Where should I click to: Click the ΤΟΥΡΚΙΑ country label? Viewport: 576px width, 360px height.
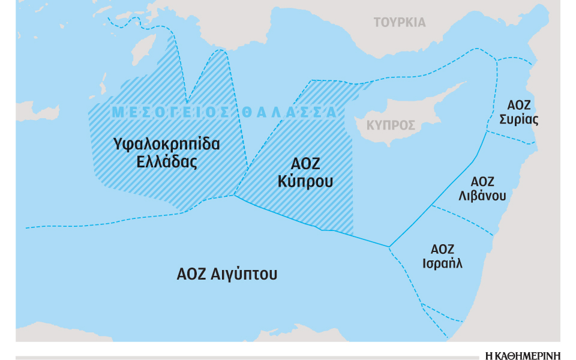click(x=400, y=23)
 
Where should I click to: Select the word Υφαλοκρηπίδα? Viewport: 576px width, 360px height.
click(x=166, y=145)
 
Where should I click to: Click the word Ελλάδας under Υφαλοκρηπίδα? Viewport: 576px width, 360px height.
click(x=166, y=162)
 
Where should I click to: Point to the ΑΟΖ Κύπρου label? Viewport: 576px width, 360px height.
click(x=305, y=173)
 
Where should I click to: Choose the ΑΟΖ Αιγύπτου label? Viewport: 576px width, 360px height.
click(x=227, y=275)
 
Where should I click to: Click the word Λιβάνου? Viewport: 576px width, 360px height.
click(x=482, y=196)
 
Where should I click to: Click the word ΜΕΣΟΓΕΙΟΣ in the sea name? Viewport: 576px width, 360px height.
click(x=169, y=112)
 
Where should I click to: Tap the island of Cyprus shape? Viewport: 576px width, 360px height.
click(x=414, y=114)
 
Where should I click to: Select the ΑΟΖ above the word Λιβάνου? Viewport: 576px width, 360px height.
click(x=482, y=181)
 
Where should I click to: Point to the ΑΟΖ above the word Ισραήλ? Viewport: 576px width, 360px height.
click(x=442, y=248)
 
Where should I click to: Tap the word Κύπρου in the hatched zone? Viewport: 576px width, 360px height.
click(x=305, y=181)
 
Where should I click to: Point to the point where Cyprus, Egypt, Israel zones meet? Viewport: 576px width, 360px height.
click(x=389, y=246)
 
